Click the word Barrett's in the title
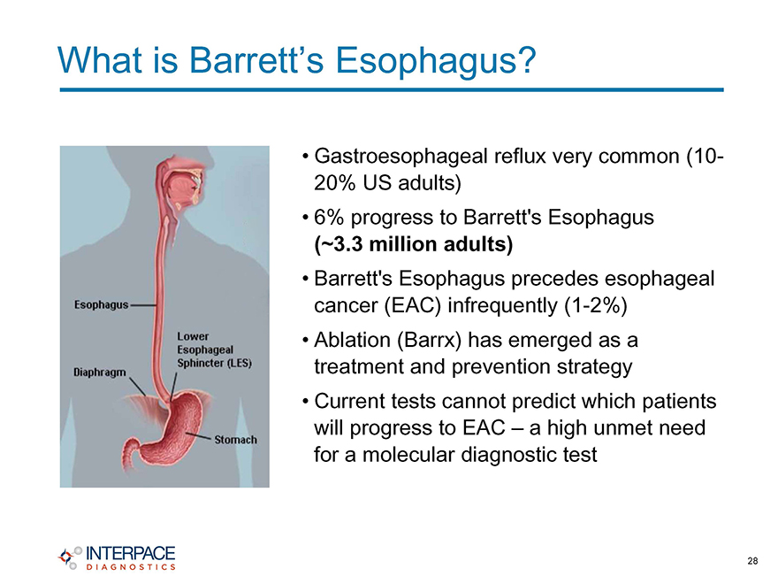click(x=256, y=60)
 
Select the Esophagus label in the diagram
click(x=101, y=305)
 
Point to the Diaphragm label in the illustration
click(x=100, y=373)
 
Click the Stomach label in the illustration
click(x=236, y=440)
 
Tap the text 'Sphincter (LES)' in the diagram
click(x=214, y=363)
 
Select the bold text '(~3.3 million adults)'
click(x=414, y=244)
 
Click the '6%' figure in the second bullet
click(x=329, y=218)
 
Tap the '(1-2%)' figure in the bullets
click(x=596, y=305)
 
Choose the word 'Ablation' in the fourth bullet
click(x=352, y=340)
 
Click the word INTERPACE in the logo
click(x=131, y=554)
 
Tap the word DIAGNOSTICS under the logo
click(x=131, y=567)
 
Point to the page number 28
click(x=752, y=561)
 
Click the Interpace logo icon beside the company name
click(x=70, y=557)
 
